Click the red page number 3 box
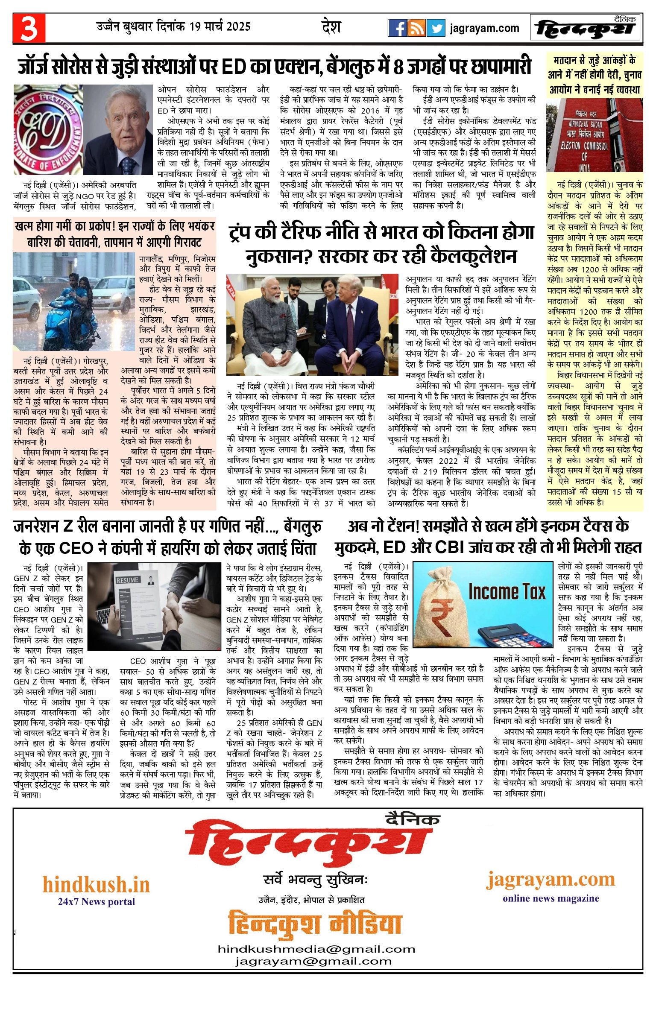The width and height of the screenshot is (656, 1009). click(29, 28)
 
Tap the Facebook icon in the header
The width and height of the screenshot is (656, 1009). click(397, 28)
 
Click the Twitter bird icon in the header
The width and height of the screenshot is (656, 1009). click(436, 28)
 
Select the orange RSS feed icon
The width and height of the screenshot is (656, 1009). click(416, 28)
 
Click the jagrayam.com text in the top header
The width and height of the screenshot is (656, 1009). click(484, 29)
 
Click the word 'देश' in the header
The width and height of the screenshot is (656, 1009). click(331, 27)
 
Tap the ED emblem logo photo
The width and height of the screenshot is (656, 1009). click(48, 130)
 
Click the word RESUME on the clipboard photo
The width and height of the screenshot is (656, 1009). click(127, 580)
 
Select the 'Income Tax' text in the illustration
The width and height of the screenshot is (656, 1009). click(507, 592)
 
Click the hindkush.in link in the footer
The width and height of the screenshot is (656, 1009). click(96, 884)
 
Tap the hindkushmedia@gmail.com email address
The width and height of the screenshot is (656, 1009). click(316, 949)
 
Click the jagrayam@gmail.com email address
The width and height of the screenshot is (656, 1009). click(313, 961)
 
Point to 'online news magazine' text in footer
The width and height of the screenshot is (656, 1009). click(551, 898)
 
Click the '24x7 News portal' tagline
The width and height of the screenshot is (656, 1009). click(96, 901)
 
